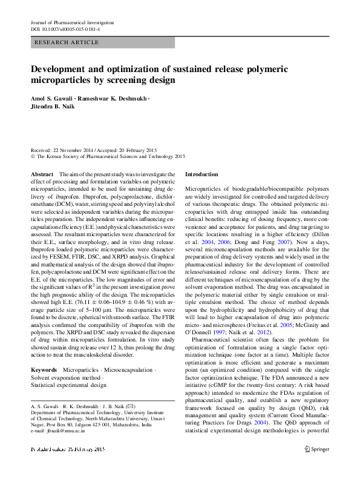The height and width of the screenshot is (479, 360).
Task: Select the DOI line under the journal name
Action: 65,29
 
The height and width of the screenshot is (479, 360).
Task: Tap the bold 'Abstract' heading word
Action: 41,174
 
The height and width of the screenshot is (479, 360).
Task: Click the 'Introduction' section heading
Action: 201,174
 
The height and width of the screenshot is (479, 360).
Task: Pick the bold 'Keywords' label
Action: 44,369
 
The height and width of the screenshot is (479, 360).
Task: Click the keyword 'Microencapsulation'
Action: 126,369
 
